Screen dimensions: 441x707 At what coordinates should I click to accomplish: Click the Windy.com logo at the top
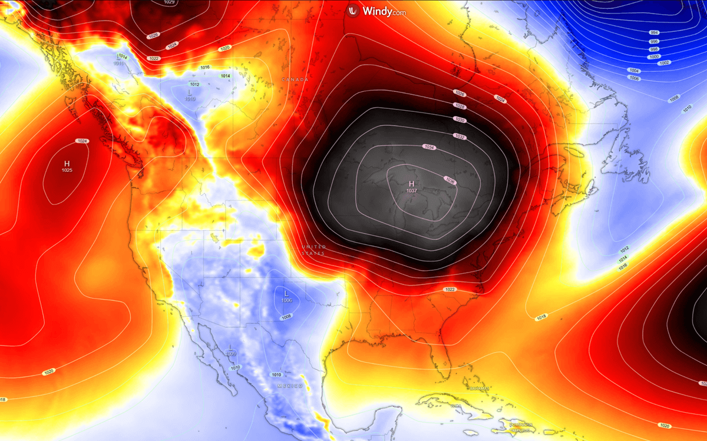[376, 11]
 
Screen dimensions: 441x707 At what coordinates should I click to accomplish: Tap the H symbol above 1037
[412, 184]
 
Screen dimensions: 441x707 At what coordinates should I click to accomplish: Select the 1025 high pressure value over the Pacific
[67, 171]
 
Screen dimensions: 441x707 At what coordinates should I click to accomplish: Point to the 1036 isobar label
[451, 180]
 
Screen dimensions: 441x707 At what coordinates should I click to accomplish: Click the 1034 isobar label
[430, 147]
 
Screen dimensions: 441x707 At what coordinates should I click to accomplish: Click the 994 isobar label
[654, 32]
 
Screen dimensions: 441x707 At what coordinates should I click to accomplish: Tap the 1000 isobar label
[654, 57]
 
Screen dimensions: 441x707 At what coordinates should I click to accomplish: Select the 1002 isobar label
[664, 62]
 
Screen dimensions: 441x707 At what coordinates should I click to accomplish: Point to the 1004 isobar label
[634, 71]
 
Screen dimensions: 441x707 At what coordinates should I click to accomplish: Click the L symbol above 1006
[286, 293]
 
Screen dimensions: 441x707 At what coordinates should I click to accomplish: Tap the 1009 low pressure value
[231, 353]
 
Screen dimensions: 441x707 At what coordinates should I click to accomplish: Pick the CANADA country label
[295, 79]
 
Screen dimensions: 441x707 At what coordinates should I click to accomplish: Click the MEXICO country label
[290, 386]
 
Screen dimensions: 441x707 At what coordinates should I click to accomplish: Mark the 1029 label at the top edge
[169, 2]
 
